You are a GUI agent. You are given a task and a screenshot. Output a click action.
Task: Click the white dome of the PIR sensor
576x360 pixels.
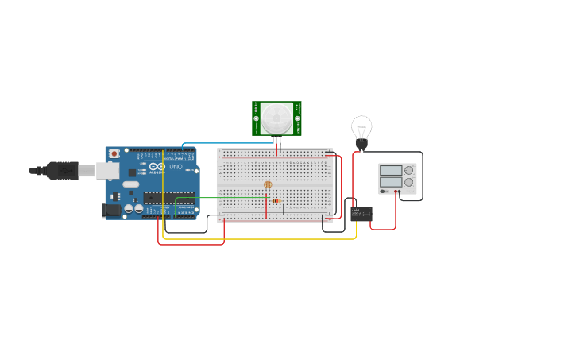[276, 118]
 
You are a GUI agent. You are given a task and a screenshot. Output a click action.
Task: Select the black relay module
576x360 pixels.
[361, 213]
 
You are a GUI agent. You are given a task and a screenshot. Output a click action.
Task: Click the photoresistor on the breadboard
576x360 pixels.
[268, 184]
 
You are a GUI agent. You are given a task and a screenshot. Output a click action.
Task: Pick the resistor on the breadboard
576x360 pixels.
[276, 201]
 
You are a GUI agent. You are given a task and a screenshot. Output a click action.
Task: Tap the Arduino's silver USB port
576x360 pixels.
[107, 170]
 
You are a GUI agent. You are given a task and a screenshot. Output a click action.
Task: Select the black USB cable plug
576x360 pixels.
[62, 170]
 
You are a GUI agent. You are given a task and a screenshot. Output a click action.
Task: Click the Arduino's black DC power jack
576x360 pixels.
[111, 210]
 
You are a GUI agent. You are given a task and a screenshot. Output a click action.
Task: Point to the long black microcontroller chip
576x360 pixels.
[169, 198]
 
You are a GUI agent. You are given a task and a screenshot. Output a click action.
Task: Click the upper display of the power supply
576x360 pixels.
[390, 169]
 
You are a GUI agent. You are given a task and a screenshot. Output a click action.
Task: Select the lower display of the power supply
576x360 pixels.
[390, 182]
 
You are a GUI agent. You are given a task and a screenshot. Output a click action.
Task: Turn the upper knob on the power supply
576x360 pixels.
[408, 170]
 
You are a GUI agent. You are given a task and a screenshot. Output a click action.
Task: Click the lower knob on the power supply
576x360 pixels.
[408, 182]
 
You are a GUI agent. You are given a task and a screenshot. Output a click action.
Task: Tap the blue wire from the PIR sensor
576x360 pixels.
[222, 144]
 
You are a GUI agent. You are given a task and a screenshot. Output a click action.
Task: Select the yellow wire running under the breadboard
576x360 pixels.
[262, 238]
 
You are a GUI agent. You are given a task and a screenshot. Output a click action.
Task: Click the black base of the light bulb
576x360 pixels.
[361, 145]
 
